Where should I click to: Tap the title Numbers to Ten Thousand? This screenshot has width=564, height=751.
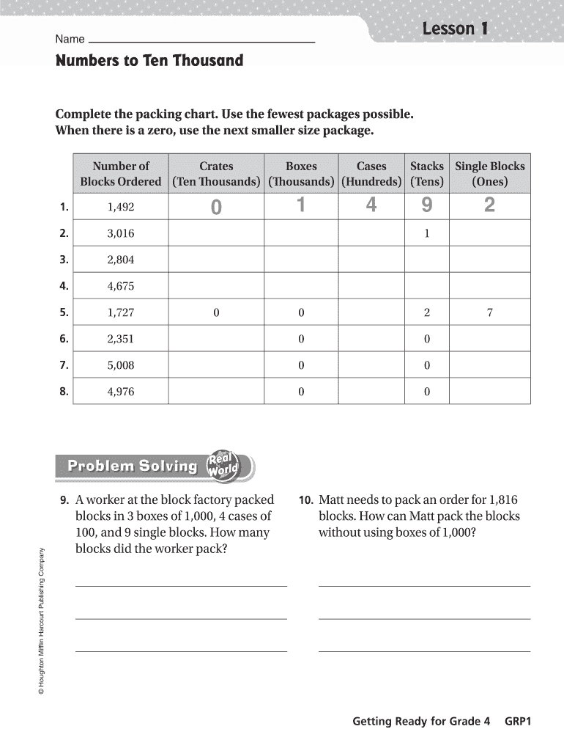tap(149, 60)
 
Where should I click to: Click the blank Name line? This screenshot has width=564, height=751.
tap(201, 41)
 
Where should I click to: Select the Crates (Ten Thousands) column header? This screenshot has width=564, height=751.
tap(216, 174)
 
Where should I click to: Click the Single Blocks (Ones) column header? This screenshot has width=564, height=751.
tap(489, 174)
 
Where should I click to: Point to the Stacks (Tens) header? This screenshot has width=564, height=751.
tap(426, 174)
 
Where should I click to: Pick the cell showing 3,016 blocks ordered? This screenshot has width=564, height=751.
tap(121, 233)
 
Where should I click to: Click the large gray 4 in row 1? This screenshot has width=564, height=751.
tap(371, 207)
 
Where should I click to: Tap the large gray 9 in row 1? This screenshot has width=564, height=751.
tap(426, 207)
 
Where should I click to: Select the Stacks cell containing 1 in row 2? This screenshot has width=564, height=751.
tap(426, 233)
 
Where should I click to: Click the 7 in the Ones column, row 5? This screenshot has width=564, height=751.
tap(489, 312)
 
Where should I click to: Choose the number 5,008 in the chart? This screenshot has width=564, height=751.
tap(121, 365)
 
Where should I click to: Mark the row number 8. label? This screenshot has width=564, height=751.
tap(64, 392)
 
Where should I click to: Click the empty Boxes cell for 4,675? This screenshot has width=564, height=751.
tap(300, 286)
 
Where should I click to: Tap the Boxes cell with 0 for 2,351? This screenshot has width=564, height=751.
tap(300, 339)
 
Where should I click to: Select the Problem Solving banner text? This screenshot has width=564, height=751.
tap(133, 466)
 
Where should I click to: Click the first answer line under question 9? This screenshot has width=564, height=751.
tap(181, 585)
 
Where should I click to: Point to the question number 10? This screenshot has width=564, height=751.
tap(306, 500)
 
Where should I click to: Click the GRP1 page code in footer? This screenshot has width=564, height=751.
tap(517, 721)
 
